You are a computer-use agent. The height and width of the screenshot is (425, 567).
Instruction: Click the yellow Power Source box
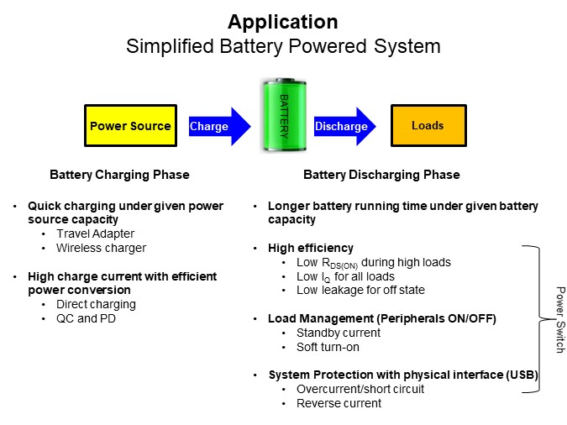(x=130, y=125)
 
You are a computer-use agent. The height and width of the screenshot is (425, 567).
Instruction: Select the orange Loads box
(x=428, y=125)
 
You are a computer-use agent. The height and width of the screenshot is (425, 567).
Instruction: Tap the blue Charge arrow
(x=219, y=126)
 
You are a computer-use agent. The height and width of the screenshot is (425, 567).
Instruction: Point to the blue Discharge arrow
(x=344, y=126)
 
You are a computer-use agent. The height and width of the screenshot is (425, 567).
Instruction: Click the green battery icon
(x=284, y=114)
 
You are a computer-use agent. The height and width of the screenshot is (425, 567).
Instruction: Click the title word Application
(x=283, y=22)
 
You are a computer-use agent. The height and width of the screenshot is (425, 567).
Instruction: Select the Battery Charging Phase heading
(x=119, y=175)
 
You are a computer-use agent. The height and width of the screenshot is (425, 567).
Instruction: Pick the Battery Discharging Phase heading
(x=381, y=175)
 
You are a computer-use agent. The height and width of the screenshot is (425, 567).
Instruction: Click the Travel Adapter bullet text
(x=96, y=233)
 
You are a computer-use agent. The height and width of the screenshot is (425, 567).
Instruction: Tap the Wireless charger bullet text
(x=102, y=248)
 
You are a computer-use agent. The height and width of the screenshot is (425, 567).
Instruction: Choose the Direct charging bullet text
(x=97, y=305)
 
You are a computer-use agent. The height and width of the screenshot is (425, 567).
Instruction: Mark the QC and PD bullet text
(x=86, y=318)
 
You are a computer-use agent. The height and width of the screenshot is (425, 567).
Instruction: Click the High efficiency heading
(x=311, y=248)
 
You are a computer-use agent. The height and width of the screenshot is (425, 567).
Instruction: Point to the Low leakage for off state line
(x=361, y=290)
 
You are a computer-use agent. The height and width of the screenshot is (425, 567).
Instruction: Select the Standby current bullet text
(x=339, y=333)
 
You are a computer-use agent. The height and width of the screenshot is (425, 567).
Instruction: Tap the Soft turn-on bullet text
(x=328, y=347)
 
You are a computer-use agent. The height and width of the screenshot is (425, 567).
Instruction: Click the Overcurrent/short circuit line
(x=360, y=389)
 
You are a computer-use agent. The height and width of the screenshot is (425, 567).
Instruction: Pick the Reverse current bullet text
(x=339, y=403)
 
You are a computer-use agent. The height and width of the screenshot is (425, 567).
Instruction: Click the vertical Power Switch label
(x=560, y=320)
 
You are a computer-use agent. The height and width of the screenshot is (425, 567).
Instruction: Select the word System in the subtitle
(x=407, y=47)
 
